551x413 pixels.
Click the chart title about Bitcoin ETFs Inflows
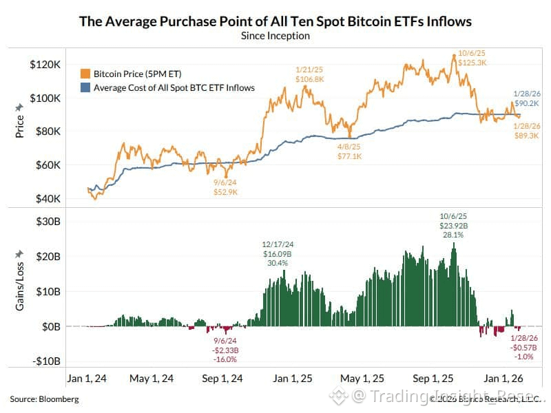[275, 21]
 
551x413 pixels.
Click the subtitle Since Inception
[275, 36]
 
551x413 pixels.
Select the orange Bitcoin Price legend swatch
[85, 74]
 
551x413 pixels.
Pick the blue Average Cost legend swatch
[85, 87]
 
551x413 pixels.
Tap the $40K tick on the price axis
[47, 199]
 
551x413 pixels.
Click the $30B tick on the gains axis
[48, 221]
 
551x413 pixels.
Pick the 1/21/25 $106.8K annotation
[309, 74]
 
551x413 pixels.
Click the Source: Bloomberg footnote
[44, 399]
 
